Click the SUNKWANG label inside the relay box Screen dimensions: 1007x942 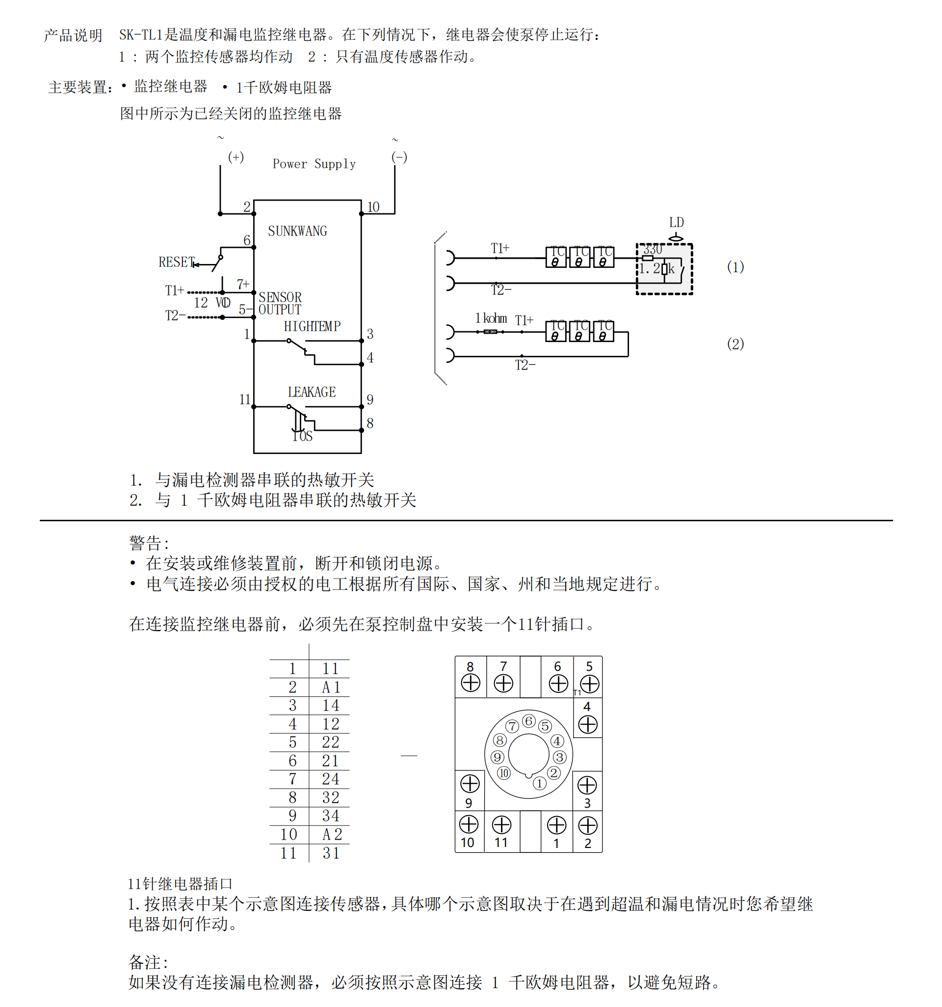point(297,231)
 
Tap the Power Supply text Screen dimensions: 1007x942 point(314,163)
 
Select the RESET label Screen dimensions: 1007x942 point(176,262)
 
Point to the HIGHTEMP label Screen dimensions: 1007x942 point(312,326)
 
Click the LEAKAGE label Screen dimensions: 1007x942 point(312,392)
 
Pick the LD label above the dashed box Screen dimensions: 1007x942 point(676,222)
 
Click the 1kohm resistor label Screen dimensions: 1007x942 point(491,318)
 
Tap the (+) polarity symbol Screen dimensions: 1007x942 point(236,157)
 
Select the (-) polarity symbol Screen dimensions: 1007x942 point(399,157)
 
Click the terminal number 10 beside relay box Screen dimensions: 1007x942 point(373,207)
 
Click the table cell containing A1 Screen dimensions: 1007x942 point(331,688)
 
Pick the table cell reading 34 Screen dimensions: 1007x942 point(331,816)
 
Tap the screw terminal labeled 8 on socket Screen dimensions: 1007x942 point(471,683)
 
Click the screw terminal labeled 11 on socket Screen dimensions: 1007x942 point(501,825)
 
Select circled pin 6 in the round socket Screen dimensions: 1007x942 point(529,721)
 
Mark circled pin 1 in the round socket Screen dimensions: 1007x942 point(539,784)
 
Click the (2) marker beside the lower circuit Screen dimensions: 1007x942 point(735,344)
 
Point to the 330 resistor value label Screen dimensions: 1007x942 point(653,250)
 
